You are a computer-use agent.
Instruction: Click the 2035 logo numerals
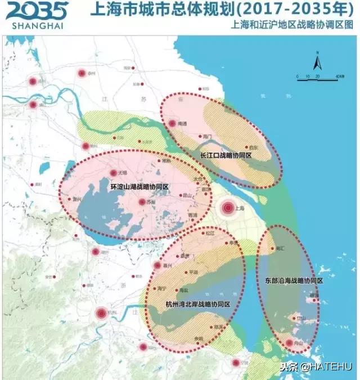click(37, 11)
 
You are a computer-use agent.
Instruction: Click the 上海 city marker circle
click(228, 208)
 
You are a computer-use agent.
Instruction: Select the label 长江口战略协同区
click(226, 154)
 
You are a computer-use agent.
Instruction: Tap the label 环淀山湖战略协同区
click(139, 186)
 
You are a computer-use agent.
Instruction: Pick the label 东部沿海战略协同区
click(294, 280)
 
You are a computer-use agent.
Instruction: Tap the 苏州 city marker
click(142, 202)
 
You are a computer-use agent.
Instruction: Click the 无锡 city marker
click(114, 173)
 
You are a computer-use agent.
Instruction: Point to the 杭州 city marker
click(101, 313)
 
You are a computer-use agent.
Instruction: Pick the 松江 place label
click(210, 232)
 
